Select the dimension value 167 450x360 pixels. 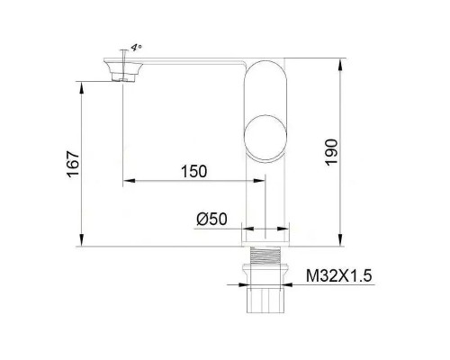click(75, 165)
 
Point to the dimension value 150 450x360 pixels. click(193, 172)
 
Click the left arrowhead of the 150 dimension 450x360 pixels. click(126, 184)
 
